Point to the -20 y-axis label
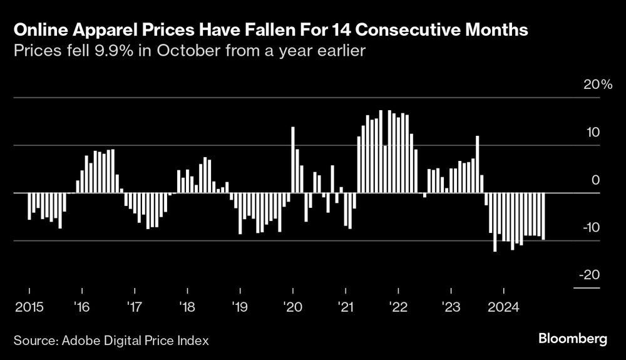pyautogui.click(x=590, y=275)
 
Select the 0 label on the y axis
pyautogui.click(x=596, y=180)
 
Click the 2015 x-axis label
pyautogui.click(x=29, y=307)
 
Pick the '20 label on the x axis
pyautogui.click(x=292, y=307)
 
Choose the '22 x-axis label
pyautogui.click(x=398, y=307)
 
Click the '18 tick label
pyautogui.click(x=187, y=307)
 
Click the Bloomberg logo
pyautogui.click(x=573, y=339)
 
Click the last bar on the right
pyautogui.click(x=543, y=216)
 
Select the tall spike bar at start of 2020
pyautogui.click(x=293, y=160)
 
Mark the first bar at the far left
pyautogui.click(x=29, y=206)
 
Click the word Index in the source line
pyautogui.click(x=193, y=341)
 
